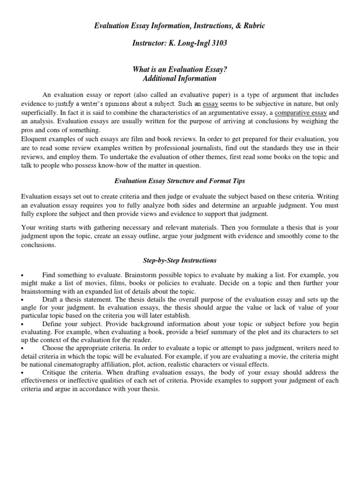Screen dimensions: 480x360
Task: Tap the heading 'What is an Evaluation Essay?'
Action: [180, 70]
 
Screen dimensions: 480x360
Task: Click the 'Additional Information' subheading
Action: [180, 79]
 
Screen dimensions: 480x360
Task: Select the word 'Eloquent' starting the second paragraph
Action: [35, 139]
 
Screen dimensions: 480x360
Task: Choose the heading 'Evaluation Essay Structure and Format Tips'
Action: [180, 180]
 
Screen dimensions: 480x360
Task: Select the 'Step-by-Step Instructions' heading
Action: [180, 260]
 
